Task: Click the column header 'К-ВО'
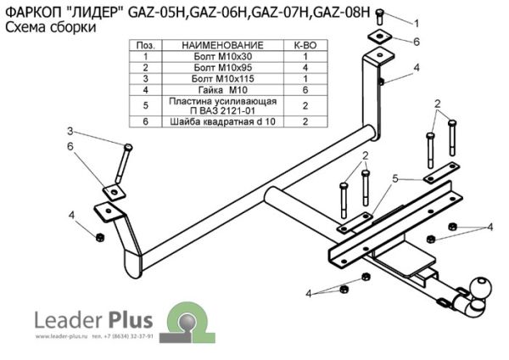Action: [305, 44]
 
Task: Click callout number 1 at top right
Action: [415, 21]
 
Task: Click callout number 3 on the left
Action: [71, 130]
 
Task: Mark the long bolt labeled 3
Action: [125, 165]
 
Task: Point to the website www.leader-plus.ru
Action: [63, 337]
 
